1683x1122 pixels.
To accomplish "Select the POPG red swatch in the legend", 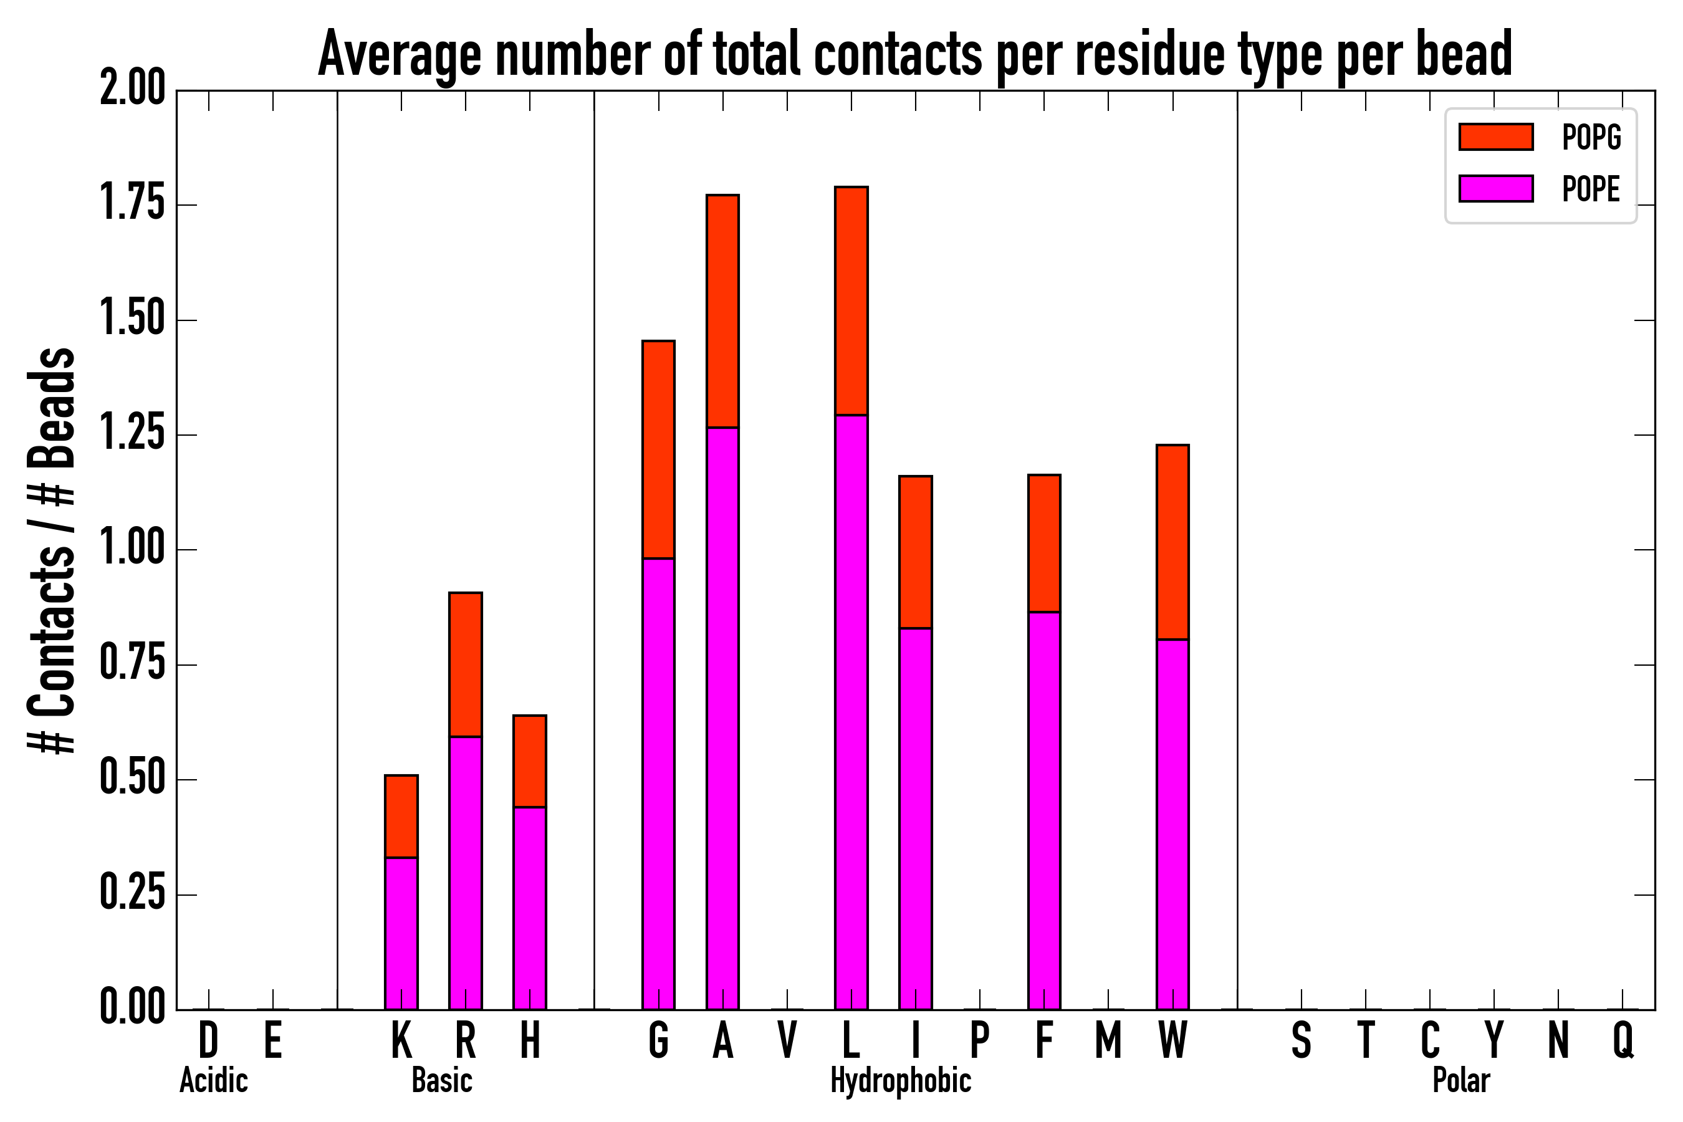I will pyautogui.click(x=1495, y=137).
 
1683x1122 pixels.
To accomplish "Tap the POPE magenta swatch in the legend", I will pyautogui.click(x=1495, y=189).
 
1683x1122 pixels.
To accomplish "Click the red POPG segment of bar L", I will pyautogui.click(x=851, y=300).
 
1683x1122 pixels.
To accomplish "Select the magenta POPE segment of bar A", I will pyautogui.click(x=722, y=716).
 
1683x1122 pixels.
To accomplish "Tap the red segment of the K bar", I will pyautogui.click(x=401, y=816).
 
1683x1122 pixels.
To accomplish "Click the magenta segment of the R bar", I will pyautogui.click(x=466, y=873).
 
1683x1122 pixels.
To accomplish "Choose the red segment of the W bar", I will pyautogui.click(x=1173, y=542).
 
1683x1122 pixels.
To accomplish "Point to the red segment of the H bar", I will pyautogui.click(x=530, y=760).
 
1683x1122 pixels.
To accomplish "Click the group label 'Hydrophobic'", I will pyautogui.click(x=901, y=1080).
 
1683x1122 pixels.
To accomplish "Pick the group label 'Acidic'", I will pyautogui.click(x=213, y=1080).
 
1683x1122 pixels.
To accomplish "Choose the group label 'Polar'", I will pyautogui.click(x=1461, y=1080).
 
